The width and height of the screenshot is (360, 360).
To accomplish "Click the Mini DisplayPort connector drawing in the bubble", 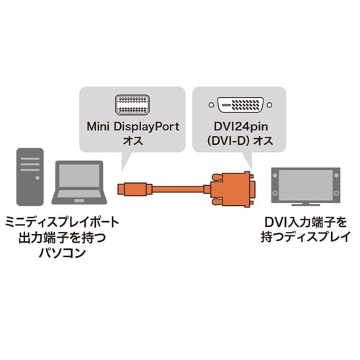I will [x=135, y=103].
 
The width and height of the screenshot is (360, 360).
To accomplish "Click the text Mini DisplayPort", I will [x=135, y=127].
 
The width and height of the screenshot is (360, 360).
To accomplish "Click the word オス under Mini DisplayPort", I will [x=135, y=142].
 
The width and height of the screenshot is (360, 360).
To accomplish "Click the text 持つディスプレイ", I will [x=306, y=238].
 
